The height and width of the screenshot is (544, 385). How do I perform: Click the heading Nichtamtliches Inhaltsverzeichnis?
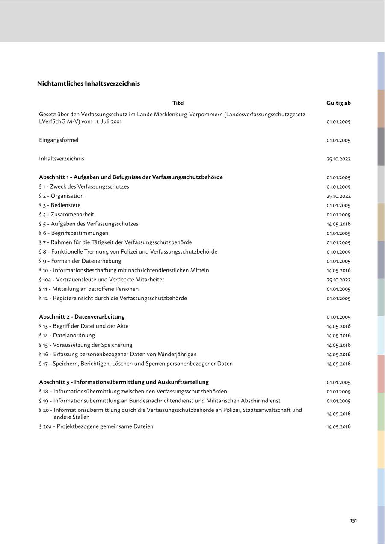[89, 83]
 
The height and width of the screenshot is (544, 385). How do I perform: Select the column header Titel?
[178, 103]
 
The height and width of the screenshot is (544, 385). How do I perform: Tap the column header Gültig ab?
[338, 103]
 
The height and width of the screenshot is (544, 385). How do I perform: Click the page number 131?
[353, 520]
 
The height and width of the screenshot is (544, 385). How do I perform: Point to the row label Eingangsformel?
[59, 140]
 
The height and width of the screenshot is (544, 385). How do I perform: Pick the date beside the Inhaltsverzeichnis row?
[338, 159]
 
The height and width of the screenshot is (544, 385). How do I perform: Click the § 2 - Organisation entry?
[61, 196]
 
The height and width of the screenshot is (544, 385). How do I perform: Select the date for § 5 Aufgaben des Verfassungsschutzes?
[338, 224]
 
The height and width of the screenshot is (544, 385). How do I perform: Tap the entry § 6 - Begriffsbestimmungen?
[74, 233]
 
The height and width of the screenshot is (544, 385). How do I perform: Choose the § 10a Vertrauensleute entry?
[101, 280]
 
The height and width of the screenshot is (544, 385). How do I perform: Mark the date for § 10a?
[338, 280]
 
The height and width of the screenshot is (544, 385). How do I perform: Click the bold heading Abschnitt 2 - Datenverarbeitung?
[82, 317]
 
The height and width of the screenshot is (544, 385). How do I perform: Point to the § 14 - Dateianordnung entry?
[67, 335]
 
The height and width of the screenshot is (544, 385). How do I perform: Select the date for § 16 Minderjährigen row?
[338, 355]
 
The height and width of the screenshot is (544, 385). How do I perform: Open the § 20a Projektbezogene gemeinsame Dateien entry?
[96, 426]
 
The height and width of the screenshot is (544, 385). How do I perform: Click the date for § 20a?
[338, 426]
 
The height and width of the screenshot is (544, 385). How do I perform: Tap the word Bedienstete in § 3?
[65, 205]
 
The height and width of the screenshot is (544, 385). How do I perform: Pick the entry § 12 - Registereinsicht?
[113, 298]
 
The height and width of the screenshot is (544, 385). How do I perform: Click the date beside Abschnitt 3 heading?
[338, 382]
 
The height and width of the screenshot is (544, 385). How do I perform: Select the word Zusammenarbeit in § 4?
[72, 215]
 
